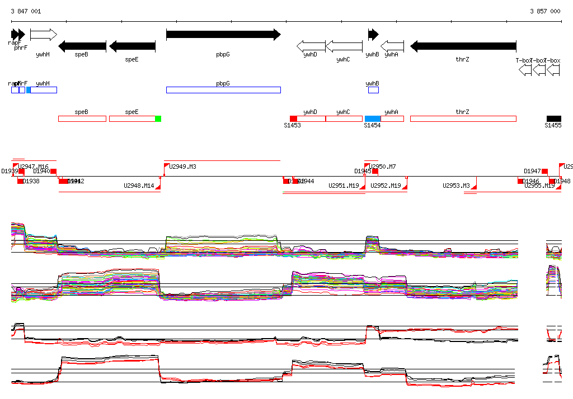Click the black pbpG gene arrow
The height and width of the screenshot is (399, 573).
point(223,35)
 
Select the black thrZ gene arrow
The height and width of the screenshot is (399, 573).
point(463,46)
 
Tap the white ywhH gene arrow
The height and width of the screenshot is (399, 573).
point(43,35)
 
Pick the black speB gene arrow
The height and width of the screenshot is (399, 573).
point(82,46)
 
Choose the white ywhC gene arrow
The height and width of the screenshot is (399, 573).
point(344,46)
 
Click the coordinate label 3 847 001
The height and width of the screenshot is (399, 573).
point(26,11)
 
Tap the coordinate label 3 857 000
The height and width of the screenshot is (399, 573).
point(545,11)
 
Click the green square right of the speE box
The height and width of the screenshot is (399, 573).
point(158,118)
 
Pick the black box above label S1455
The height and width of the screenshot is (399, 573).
point(554,118)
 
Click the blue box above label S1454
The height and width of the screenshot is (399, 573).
point(373,118)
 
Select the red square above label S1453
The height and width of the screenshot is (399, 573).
point(293,118)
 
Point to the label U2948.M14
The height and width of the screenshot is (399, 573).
point(139,186)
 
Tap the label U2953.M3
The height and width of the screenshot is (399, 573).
point(456,186)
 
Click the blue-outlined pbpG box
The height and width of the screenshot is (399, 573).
point(223,90)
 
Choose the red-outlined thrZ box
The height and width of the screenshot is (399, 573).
point(463,118)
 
